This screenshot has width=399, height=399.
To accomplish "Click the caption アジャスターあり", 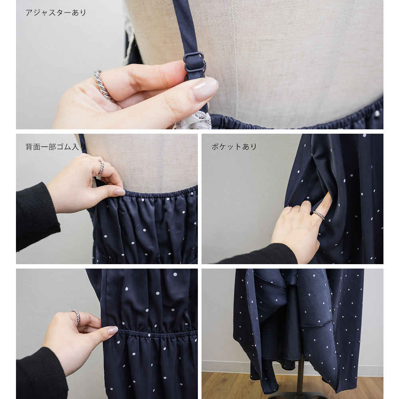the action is pyautogui.click(x=56, y=12).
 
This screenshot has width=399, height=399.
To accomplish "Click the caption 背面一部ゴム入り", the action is pyautogui.click(x=56, y=147).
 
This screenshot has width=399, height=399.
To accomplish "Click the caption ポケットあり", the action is pyautogui.click(x=234, y=146).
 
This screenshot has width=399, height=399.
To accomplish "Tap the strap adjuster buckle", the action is pyautogui.click(x=194, y=62).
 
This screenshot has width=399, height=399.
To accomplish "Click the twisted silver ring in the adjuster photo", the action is pyautogui.click(x=104, y=86).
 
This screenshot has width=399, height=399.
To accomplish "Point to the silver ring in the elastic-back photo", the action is pyautogui.click(x=101, y=167).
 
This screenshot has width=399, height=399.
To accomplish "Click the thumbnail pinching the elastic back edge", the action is pyautogui.click(x=119, y=192).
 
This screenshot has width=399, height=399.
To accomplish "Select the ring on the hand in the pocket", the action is pyautogui.click(x=318, y=215).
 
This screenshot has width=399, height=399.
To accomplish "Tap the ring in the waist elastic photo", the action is pyautogui.click(x=76, y=317).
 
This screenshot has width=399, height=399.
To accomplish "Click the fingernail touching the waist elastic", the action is pyautogui.click(x=113, y=330).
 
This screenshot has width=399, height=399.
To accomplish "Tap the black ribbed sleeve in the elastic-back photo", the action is pyautogui.click(x=36, y=216).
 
